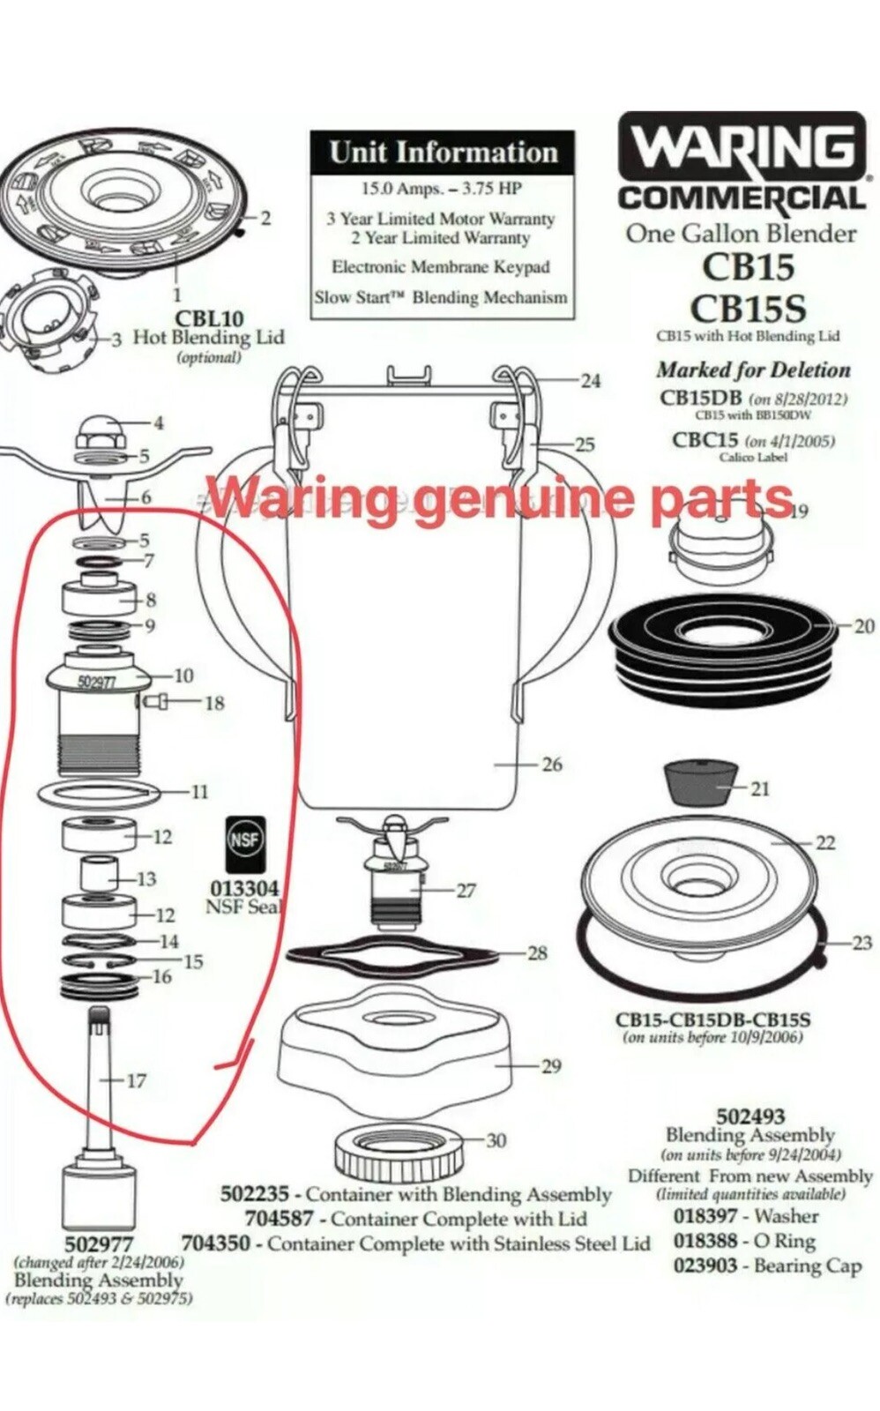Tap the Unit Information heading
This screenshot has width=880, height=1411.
pos(443,152)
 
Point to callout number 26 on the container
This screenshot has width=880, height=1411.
pos(552,764)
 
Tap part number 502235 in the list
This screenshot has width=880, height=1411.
pos(254,1194)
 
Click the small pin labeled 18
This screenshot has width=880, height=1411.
pos(155,703)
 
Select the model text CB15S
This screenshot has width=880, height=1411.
pos(748,308)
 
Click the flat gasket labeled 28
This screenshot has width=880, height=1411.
pos(393,953)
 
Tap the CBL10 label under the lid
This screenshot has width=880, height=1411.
pos(209,318)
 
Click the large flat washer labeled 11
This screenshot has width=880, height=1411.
pos(99,793)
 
